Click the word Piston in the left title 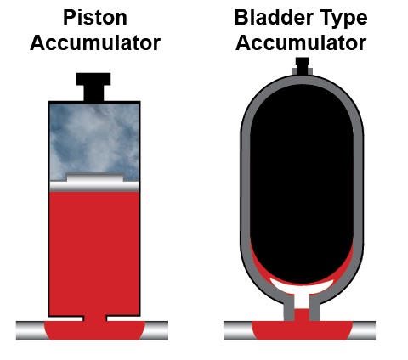(x=95, y=18)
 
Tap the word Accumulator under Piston (x=95, y=43)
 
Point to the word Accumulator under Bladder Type (x=301, y=43)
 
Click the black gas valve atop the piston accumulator (x=93, y=87)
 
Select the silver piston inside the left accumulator (x=94, y=183)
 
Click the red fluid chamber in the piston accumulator (x=94, y=253)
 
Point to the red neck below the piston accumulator (x=95, y=318)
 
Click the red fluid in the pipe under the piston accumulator (x=95, y=330)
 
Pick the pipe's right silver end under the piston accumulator (x=156, y=330)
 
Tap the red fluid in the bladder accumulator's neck (x=302, y=315)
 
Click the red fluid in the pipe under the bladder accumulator (x=302, y=330)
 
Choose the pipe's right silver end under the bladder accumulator (x=363, y=330)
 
